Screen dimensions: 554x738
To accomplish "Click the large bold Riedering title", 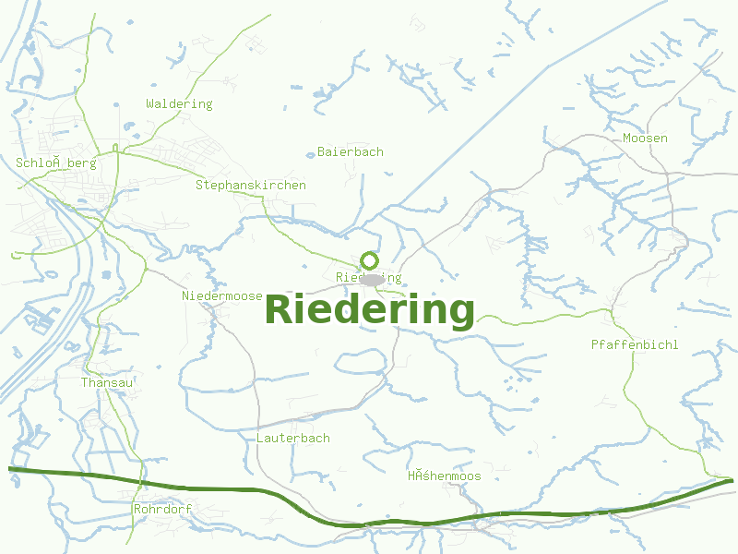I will pos(370,310).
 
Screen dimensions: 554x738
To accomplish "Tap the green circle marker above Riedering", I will pos(370,260).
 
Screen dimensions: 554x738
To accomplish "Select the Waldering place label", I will pos(179,104).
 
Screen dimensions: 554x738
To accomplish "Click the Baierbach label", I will pos(351,151).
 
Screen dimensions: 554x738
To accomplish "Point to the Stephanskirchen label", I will pos(251,186).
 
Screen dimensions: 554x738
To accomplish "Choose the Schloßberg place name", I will pos(56,163).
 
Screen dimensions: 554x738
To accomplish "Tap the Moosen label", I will pos(645,138).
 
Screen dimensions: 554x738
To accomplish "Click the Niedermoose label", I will pos(222,296).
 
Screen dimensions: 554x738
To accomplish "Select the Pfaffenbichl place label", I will pos(635,345).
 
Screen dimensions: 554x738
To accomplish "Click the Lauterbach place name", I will pos(293,439).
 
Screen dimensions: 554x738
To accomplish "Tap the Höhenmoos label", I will pos(445,476).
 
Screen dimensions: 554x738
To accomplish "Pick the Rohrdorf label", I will pos(162,509).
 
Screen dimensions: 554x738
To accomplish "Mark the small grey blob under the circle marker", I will pos(372,279).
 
